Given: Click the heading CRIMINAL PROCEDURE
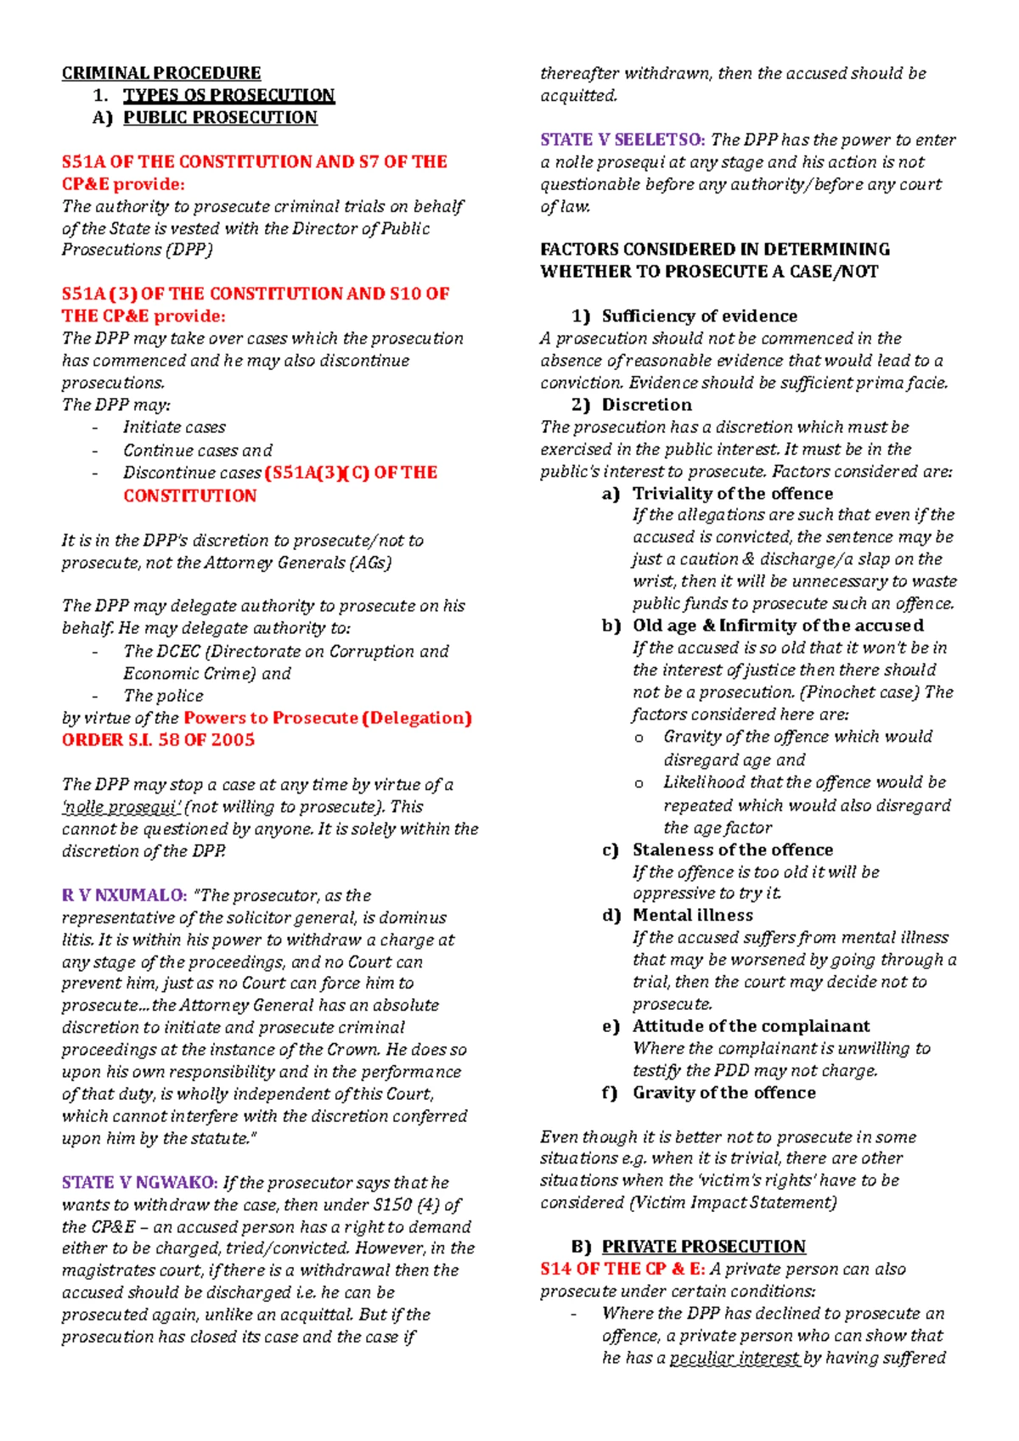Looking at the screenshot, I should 161,73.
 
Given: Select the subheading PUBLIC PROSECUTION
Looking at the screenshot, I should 220,117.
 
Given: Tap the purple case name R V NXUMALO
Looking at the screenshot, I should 124,895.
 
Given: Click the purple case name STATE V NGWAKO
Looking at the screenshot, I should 140,1182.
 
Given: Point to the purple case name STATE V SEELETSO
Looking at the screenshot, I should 622,140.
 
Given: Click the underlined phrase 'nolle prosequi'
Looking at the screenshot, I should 121,807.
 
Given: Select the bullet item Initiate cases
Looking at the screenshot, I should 174,428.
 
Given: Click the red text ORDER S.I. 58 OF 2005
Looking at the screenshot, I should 158,740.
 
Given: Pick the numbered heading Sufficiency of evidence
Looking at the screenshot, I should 699,317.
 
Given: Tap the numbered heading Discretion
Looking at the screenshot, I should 646,405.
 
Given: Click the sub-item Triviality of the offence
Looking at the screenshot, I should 732,494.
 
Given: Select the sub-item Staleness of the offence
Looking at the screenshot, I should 732,850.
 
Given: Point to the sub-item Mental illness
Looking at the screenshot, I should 692,916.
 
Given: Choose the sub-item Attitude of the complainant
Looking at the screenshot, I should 751,1027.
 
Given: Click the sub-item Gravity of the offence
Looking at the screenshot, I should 723,1093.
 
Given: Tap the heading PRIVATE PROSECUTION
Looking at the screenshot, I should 703,1247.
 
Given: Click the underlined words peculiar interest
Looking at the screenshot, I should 735,1358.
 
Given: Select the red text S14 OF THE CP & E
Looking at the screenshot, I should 622,1270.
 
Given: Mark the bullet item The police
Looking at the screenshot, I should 163,696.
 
